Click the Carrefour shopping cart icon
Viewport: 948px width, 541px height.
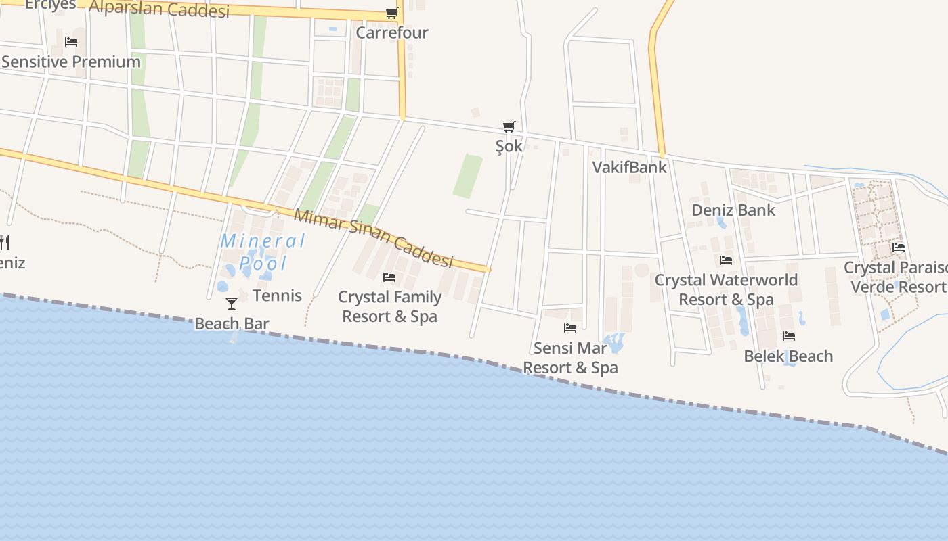coord(391,13)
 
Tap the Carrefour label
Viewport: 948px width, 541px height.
coord(392,32)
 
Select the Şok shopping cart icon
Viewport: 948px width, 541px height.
coord(509,126)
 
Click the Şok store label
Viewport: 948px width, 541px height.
coord(509,146)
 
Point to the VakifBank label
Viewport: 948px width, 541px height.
coord(630,167)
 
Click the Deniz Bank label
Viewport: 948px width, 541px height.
coord(733,210)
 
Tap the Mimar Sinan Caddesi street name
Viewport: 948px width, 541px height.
coord(373,237)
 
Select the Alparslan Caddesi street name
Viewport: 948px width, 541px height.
coord(159,9)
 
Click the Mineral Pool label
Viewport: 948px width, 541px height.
coord(263,252)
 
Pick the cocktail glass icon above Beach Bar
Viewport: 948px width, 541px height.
coord(232,304)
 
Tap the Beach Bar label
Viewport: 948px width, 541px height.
coord(232,324)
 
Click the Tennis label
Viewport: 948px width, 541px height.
coord(277,296)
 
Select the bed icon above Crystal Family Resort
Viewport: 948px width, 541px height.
coord(389,277)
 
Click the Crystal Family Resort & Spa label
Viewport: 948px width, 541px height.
coord(389,306)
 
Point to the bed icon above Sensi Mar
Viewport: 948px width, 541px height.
coord(570,328)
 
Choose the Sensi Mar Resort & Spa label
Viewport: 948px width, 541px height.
coord(570,358)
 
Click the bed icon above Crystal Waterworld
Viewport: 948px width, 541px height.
coord(726,260)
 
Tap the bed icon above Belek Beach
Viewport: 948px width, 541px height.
coord(788,336)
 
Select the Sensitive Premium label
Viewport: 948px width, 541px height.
coord(71,62)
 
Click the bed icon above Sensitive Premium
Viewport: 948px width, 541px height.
coord(71,42)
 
